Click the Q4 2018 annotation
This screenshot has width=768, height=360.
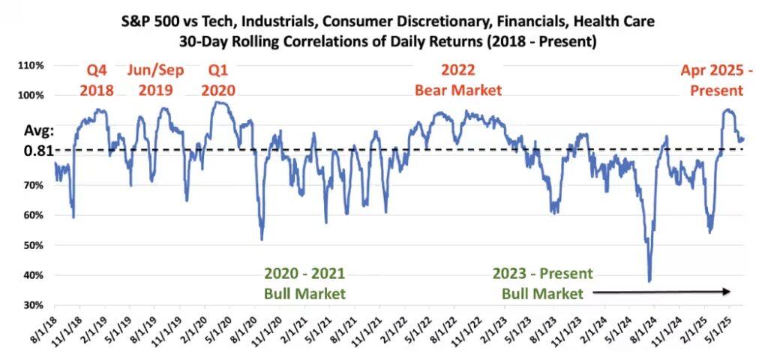[97, 80]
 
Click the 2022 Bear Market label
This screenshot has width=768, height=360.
[459, 80]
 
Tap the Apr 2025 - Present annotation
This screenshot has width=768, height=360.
[712, 80]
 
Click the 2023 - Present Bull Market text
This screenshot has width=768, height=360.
[542, 283]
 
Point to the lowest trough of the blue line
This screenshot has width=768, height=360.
[649, 281]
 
